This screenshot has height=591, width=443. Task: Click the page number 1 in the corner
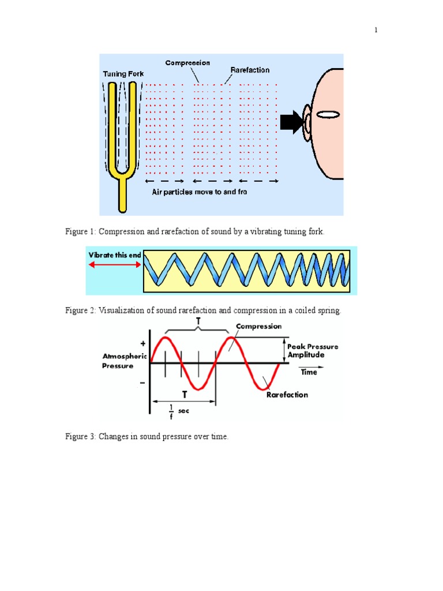tap(376, 31)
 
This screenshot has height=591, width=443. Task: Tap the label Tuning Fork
tap(123, 74)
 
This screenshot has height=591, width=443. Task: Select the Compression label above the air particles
tap(187, 63)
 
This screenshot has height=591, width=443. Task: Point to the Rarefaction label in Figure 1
tap(250, 70)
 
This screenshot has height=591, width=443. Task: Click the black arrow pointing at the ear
tap(291, 121)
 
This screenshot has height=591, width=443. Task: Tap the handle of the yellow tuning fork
tap(122, 193)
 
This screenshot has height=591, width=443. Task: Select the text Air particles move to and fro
tap(200, 192)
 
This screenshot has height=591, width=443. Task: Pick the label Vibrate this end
tap(114, 255)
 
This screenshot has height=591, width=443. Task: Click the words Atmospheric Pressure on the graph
tap(125, 361)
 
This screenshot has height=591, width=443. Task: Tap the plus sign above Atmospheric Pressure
tap(142, 343)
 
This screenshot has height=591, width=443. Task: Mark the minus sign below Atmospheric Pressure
tap(142, 383)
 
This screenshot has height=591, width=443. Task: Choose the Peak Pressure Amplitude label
tap(313, 350)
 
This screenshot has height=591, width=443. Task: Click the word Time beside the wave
tap(309, 372)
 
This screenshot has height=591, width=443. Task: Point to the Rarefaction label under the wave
tap(287, 395)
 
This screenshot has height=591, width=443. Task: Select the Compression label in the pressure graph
tap(258, 326)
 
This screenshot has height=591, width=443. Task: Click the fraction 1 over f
tap(171, 411)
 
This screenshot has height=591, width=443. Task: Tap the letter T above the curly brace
tap(198, 320)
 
